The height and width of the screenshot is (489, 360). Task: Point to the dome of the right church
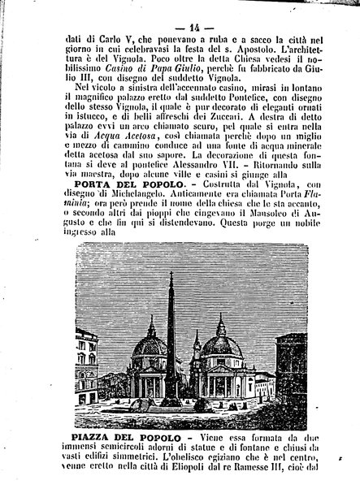point(223,341)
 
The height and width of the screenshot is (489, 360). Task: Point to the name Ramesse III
point(268,481)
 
